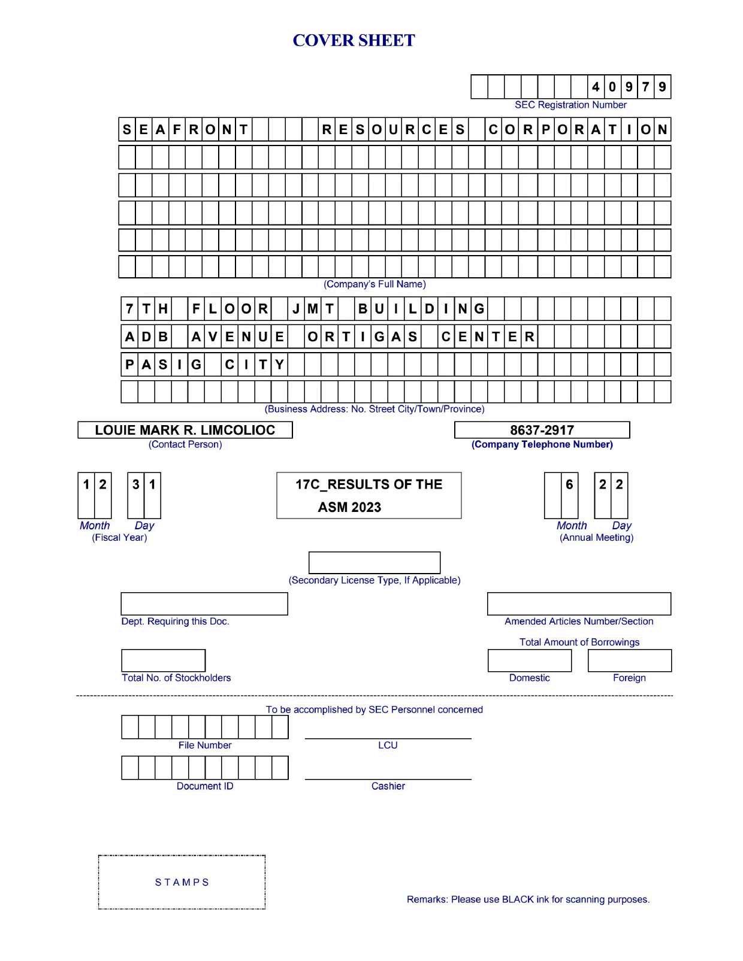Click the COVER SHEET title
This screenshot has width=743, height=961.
tap(354, 41)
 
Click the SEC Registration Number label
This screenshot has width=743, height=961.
tap(570, 105)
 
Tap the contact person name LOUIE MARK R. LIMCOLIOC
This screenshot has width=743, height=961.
tap(185, 430)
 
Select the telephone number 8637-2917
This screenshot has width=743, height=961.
tap(542, 430)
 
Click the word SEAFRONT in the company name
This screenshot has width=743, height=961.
tap(185, 129)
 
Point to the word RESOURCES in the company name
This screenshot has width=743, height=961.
tap(393, 129)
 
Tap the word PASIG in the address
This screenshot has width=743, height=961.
tap(162, 364)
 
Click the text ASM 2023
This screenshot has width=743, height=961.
tap(349, 507)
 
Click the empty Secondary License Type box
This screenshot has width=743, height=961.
tap(374, 563)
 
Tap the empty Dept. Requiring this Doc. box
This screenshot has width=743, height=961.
tap(204, 604)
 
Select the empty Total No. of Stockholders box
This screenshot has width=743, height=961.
tap(163, 660)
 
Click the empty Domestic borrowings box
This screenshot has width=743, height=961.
tap(530, 660)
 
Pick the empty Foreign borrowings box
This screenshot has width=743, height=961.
tap(630, 660)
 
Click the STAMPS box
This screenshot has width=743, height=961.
tap(182, 882)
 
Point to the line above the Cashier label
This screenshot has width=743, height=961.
tap(388, 779)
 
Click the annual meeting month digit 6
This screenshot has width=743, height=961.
tap(569, 484)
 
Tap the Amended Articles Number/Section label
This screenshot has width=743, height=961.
tap(579, 622)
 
